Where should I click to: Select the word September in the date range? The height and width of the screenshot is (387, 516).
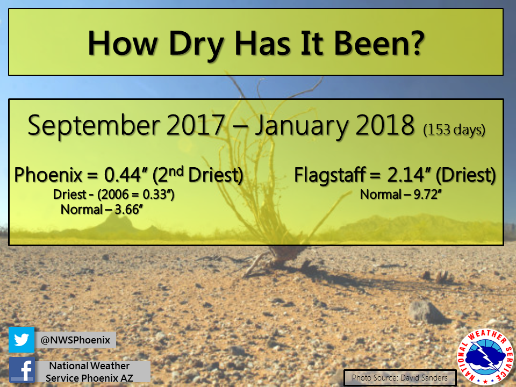pyautogui.click(x=94, y=126)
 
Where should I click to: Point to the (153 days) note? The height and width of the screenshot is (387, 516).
pyautogui.click(x=454, y=130)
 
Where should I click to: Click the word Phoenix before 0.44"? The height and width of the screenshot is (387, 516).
pyautogui.click(x=48, y=175)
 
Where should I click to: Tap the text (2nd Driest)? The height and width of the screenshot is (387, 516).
pyautogui.click(x=198, y=175)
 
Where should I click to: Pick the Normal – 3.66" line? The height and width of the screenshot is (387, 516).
pyautogui.click(x=102, y=210)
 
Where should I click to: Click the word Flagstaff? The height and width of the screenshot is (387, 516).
pyautogui.click(x=329, y=175)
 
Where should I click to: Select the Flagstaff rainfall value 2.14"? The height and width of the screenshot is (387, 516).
pyautogui.click(x=408, y=175)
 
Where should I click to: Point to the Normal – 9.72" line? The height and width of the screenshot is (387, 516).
pyautogui.click(x=400, y=195)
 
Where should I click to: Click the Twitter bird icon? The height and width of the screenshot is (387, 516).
pyautogui.click(x=21, y=340)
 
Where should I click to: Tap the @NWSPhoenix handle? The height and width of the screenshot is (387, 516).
pyautogui.click(x=75, y=340)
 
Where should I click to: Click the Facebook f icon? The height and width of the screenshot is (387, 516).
pyautogui.click(x=21, y=370)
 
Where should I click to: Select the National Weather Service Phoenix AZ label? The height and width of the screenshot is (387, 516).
pyautogui.click(x=89, y=372)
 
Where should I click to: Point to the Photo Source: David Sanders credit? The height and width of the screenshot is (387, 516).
pyautogui.click(x=400, y=377)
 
